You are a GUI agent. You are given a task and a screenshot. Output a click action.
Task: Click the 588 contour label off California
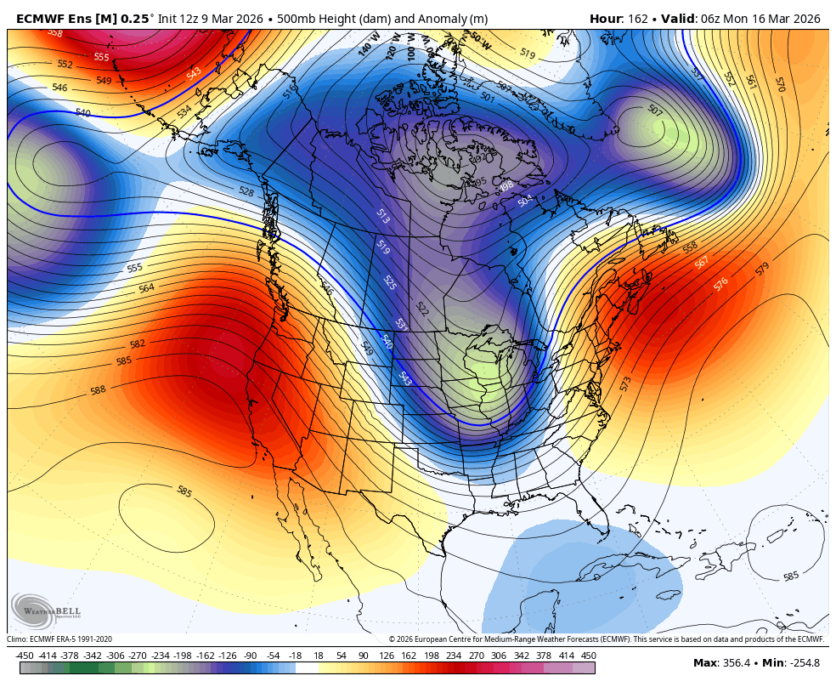pos(99,390)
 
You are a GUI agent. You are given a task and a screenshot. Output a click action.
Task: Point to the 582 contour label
pos(137,344)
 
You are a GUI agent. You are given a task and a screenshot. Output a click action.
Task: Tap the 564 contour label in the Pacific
pos(146,288)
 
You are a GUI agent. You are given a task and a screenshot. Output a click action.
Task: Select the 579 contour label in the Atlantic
pos(762,270)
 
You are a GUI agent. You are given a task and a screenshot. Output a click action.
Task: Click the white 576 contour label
pos(720,283)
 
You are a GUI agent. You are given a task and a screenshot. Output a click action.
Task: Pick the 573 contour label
pos(626,384)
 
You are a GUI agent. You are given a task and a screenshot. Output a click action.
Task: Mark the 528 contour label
pos(246,192)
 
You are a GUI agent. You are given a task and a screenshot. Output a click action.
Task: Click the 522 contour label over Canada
pos(421,308)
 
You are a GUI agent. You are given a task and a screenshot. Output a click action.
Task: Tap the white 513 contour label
pos(382,217)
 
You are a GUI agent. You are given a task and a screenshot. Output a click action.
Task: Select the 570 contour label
pos(780,84)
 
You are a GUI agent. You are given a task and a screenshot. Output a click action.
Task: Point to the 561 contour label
pos(751,82)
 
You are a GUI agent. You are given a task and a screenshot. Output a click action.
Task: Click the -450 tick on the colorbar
pos(25,656)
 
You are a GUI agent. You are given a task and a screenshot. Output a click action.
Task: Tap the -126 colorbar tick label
pos(227,656)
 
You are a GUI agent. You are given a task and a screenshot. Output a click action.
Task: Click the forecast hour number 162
pos(635,18)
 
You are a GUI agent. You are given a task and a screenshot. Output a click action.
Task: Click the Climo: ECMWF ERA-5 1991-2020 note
pos(59,639)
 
